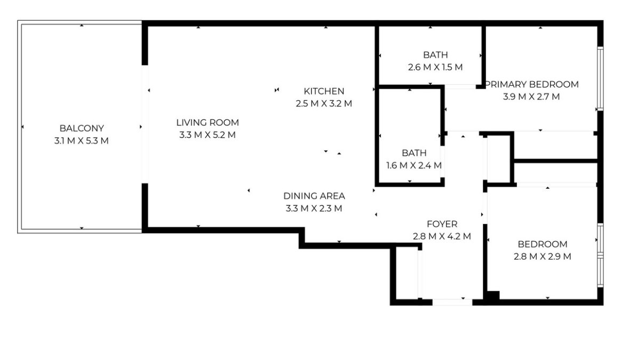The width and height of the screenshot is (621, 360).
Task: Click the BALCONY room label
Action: tap(82, 129)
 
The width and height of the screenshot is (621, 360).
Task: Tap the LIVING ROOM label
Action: tap(208, 123)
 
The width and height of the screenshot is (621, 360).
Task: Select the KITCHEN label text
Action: tap(324, 91)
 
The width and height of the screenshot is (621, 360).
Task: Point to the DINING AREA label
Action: tap(314, 196)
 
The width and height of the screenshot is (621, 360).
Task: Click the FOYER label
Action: tap(442, 224)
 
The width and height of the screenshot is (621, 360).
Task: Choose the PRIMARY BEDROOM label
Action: tap(532, 84)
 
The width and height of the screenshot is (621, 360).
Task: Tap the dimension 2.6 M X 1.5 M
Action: tap(435, 67)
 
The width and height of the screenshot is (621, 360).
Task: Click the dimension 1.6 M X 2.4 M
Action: tap(414, 165)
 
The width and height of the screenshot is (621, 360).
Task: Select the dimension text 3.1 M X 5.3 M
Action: tap(82, 141)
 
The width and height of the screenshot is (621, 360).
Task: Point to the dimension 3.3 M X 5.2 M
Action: tap(208, 135)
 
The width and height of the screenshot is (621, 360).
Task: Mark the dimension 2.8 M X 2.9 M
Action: tap(543, 257)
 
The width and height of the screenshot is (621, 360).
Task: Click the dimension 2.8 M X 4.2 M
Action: tap(442, 236)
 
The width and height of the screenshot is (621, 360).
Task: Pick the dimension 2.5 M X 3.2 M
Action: tap(324, 103)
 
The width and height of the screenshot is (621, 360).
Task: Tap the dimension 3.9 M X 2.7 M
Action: tap(531, 97)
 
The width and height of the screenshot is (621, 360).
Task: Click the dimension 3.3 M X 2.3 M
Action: tap(314, 209)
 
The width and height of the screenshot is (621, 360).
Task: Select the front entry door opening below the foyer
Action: tap(452, 302)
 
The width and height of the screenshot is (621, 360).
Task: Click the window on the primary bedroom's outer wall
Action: tap(600, 78)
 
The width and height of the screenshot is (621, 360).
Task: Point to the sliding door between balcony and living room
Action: tap(145, 124)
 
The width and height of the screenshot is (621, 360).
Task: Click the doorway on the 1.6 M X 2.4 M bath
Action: tap(442, 162)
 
